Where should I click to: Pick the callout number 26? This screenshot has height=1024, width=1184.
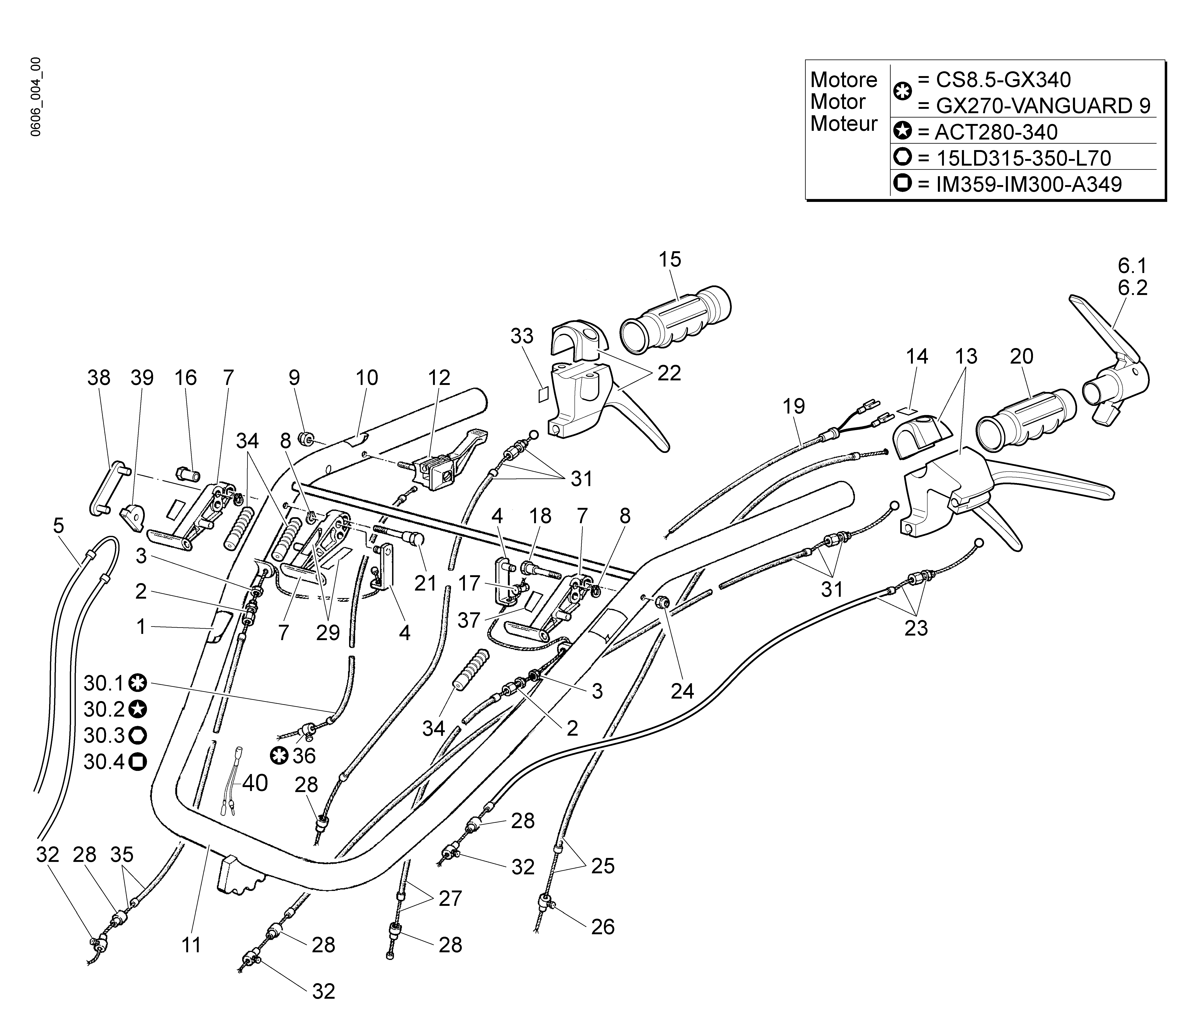click(x=602, y=926)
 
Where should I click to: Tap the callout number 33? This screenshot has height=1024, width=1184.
click(x=522, y=336)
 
